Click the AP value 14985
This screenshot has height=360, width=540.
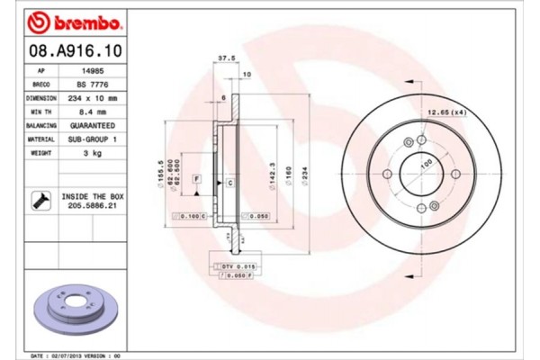coord(90,69)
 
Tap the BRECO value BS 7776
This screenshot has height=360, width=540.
coord(90,83)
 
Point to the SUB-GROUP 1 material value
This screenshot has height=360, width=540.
coord(90,139)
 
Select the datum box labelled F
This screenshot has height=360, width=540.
coord(195,181)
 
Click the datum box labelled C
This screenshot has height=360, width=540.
coord(230,183)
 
